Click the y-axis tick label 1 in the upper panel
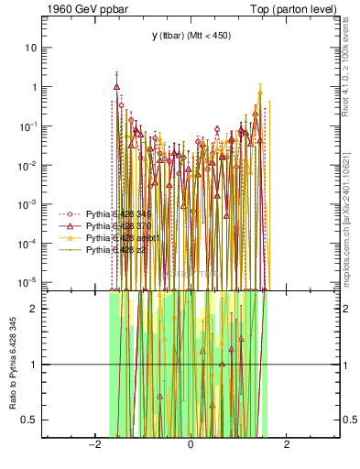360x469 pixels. click(x=35, y=87)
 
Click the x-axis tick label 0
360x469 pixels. click(x=191, y=445)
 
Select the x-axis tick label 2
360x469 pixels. click(x=287, y=445)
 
